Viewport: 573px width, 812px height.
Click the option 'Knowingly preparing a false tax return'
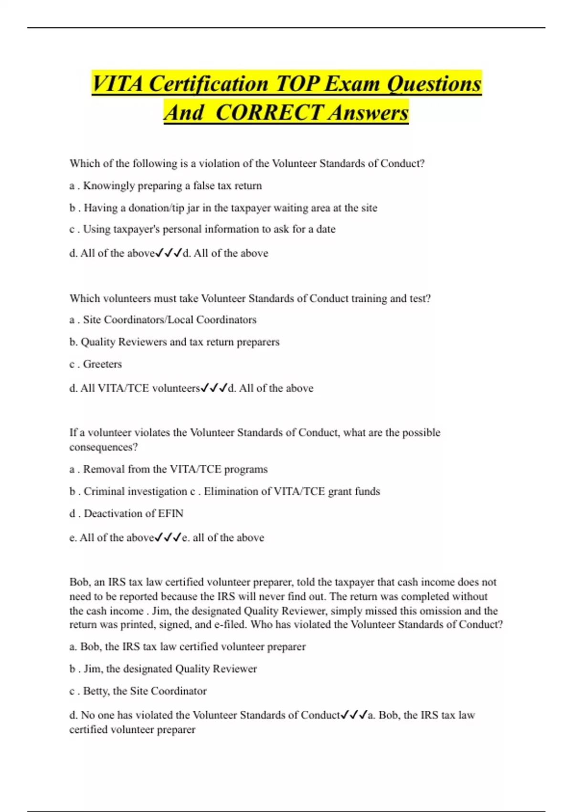pyautogui.click(x=172, y=186)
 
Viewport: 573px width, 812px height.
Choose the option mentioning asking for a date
pyautogui.click(x=209, y=229)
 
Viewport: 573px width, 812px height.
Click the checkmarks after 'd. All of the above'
pyautogui.click(x=169, y=253)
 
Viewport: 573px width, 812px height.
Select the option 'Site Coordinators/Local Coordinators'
pyautogui.click(x=170, y=320)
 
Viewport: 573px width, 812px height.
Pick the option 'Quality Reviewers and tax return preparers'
pyautogui.click(x=180, y=342)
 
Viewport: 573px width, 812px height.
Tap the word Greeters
pyautogui.click(x=102, y=364)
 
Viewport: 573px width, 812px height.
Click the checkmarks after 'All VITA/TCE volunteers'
pyautogui.click(x=213, y=388)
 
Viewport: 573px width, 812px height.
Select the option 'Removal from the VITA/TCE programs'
pyautogui.click(x=175, y=470)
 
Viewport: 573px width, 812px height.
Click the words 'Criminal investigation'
pyautogui.click(x=136, y=491)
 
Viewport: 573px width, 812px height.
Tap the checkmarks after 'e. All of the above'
pyautogui.click(x=168, y=538)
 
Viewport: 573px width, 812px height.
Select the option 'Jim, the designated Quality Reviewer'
pyautogui.click(x=170, y=669)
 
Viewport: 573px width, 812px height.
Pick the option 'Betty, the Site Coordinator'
pyautogui.click(x=145, y=691)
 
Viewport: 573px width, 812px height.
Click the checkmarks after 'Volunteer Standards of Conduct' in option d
pyautogui.click(x=354, y=715)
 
